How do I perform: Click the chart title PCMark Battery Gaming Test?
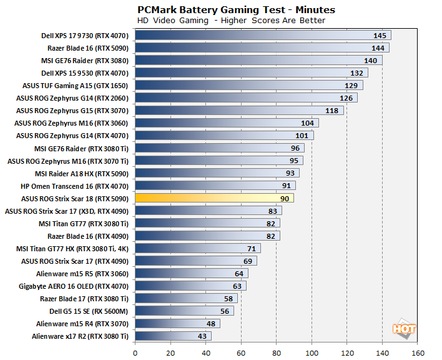(236, 9)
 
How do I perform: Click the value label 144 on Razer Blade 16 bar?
(377, 48)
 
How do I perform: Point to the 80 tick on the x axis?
(277, 352)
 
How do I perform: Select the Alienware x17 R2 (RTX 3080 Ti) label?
(80, 336)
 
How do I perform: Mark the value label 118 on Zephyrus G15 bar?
(331, 111)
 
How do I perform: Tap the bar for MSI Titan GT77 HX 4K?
(197, 248)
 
